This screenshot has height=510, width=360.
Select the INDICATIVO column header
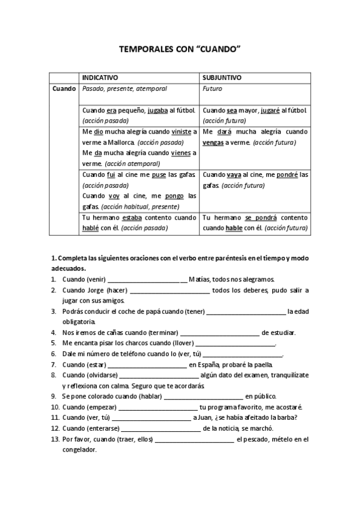[x=100, y=78]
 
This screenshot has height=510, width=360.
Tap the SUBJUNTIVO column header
[x=222, y=78]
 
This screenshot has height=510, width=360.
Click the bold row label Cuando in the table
[x=64, y=88]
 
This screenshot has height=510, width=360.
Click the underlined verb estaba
[x=133, y=218]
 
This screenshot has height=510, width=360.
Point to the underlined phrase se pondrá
[x=258, y=218]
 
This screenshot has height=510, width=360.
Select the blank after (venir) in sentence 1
[x=146, y=280]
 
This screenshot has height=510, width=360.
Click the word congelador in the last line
[x=79, y=449]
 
